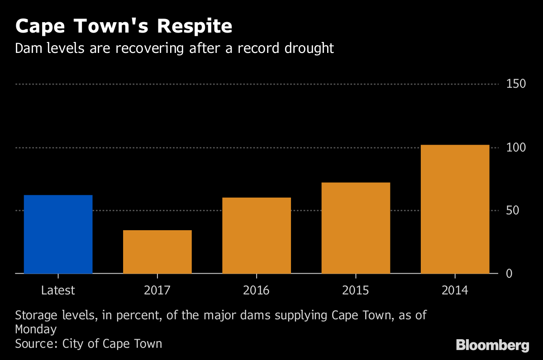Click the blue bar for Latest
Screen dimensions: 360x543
[58, 234]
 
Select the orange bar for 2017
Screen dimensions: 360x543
[157, 252]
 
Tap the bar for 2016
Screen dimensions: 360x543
[257, 236]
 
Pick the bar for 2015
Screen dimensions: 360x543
[356, 228]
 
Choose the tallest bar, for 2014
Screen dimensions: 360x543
[455, 209]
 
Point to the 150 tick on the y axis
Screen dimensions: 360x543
[516, 84]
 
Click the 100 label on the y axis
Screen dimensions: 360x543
[516, 148]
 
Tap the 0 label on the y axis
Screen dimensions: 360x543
[509, 274]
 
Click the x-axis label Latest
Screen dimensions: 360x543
[58, 290]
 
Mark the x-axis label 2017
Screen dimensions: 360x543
[157, 290]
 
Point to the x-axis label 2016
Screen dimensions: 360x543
[257, 290]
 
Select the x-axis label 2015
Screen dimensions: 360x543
[356, 290]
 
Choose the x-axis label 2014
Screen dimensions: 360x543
[455, 290]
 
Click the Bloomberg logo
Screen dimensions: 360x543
[492, 346]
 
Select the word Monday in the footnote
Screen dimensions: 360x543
[36, 329]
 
